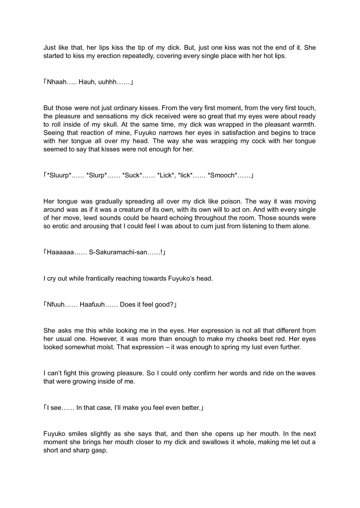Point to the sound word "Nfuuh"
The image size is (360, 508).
tap(55, 304)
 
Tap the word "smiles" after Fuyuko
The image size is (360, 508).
tap(78, 434)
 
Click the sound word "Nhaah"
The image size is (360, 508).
tap(57, 82)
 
